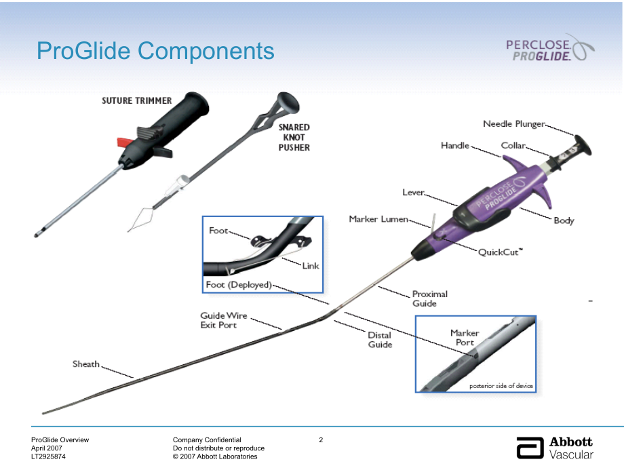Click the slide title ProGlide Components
155,51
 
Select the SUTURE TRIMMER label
136,100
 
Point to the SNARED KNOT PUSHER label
294,137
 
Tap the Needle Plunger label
513,123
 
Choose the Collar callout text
513,146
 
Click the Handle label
454,146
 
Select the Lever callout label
412,193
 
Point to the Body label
563,220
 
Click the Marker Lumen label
378,219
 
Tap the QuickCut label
501,252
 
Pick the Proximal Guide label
429,298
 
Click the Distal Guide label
380,339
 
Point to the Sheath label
86,364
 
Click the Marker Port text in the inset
465,338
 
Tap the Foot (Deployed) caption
238,285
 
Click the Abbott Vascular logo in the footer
554,448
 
